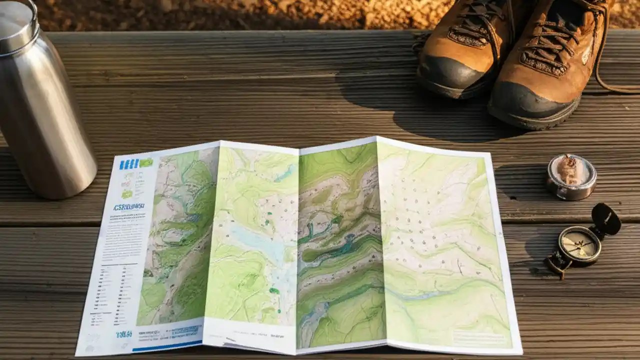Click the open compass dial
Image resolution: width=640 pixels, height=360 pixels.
point(579,245)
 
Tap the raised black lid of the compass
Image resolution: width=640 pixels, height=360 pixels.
point(606,219)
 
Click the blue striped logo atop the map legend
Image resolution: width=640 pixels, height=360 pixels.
point(128,163)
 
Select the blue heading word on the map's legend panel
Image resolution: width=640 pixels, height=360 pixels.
point(128,206)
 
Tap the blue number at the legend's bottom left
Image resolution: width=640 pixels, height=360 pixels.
point(124,334)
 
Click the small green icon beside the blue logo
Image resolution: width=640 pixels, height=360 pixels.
point(146,162)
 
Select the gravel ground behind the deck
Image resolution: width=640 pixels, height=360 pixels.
point(250,15)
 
